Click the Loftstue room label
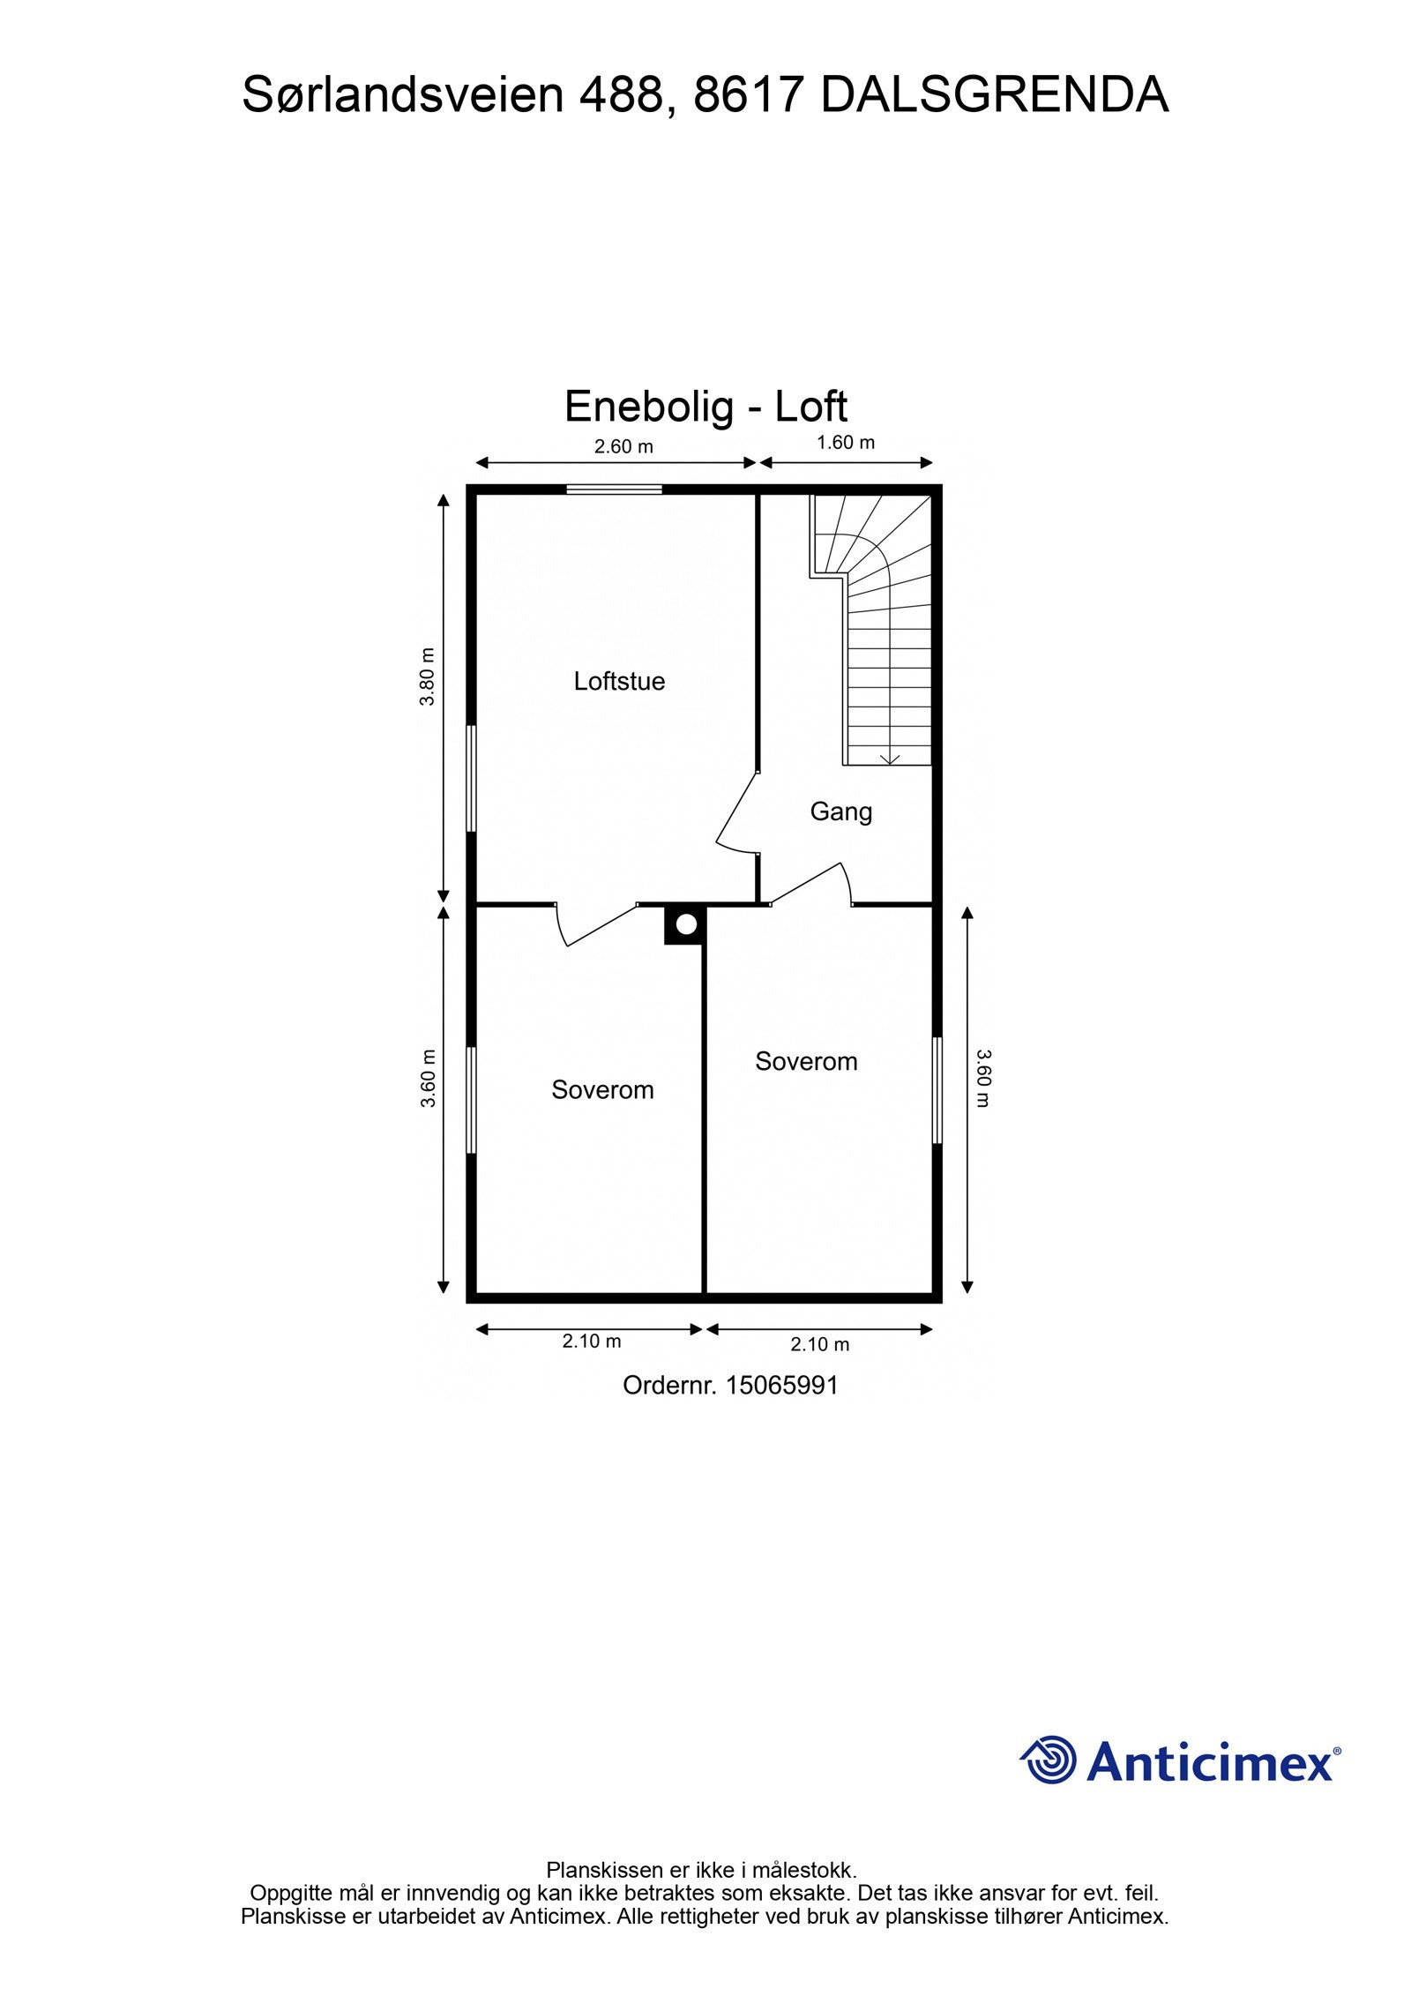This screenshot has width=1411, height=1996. (x=618, y=681)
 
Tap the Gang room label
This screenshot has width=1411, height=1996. (x=840, y=811)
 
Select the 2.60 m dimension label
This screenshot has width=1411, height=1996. (x=623, y=446)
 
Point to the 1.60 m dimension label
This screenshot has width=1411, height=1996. (x=845, y=443)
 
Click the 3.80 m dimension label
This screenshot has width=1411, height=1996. (x=428, y=677)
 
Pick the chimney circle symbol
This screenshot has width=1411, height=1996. (x=686, y=924)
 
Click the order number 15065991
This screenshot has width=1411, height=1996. (x=781, y=1385)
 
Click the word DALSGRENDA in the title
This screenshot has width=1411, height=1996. (x=994, y=95)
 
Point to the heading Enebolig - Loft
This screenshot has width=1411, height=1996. (x=705, y=407)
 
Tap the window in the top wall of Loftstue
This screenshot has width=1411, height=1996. (x=614, y=490)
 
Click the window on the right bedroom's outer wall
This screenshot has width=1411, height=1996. (x=937, y=1091)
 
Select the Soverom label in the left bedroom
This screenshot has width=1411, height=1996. (x=602, y=1090)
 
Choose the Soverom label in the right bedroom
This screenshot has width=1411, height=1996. (x=806, y=1061)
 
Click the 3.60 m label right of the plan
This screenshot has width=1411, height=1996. (x=983, y=1078)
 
